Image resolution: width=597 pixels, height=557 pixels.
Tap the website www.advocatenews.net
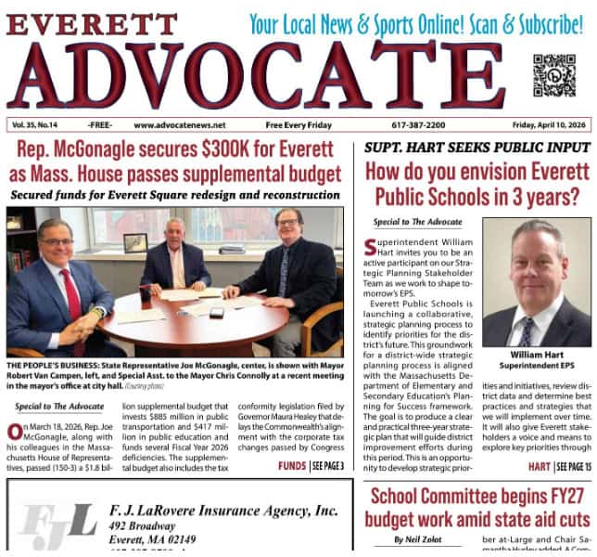[179, 125]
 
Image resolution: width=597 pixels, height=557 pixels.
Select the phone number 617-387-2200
[418, 125]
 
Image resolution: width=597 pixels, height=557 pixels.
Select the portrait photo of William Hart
[537, 282]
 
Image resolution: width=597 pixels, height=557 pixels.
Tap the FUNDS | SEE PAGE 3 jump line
[311, 465]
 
